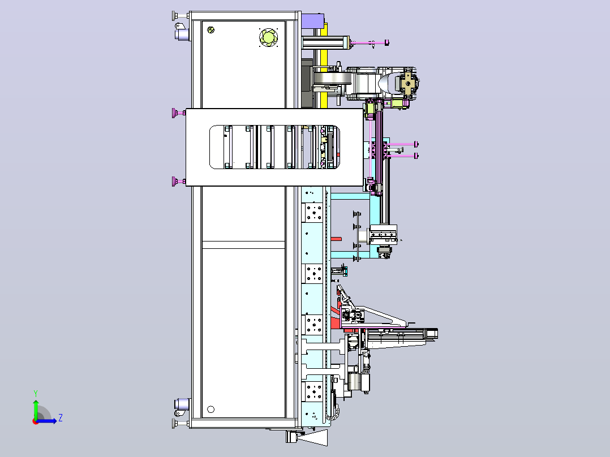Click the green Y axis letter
coord(36,393)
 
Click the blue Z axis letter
coord(61,418)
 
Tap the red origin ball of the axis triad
coord(36,421)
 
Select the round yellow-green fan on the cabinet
coord(268,37)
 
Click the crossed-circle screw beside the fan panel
coord(211,29)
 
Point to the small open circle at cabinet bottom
coord(211,409)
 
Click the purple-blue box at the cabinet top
coord(313,21)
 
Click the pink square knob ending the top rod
coord(386,42)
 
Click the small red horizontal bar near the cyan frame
coord(336,239)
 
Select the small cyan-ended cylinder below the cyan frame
coord(340,270)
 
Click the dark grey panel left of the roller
coord(307,83)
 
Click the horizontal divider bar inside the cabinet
coord(243,245)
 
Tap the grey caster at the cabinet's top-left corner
coord(182,35)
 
